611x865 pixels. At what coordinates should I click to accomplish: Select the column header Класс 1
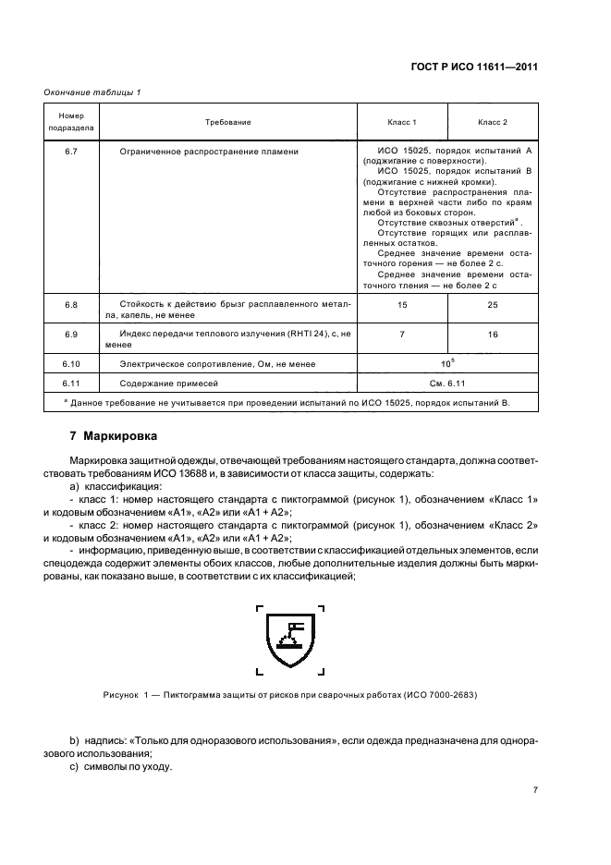(x=401, y=122)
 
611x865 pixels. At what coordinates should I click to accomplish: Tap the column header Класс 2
(x=492, y=122)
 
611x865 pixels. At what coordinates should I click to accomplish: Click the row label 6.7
(x=70, y=150)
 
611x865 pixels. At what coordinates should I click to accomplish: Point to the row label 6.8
(x=70, y=303)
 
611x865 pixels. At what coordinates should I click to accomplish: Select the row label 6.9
(x=70, y=333)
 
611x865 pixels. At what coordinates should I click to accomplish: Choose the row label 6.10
(x=70, y=364)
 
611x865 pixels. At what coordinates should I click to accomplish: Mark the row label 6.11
(x=70, y=383)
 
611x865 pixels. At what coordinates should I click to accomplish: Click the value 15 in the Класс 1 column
(x=401, y=304)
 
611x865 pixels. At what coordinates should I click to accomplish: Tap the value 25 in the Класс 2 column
(x=492, y=304)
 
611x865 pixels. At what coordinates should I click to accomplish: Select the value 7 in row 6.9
(x=401, y=334)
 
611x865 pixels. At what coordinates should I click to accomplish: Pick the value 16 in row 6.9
(x=492, y=334)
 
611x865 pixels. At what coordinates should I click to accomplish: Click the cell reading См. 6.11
(x=446, y=383)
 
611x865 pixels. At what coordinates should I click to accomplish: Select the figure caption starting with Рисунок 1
(x=290, y=694)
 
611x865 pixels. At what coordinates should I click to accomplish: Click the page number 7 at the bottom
(x=534, y=790)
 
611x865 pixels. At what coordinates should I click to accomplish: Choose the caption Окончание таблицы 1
(x=92, y=91)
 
